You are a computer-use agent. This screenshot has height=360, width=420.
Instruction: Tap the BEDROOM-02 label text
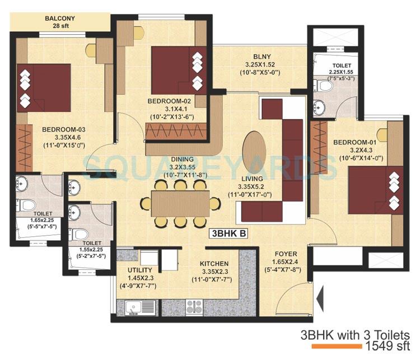[x=167, y=101]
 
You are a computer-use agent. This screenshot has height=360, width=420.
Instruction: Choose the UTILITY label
[x=133, y=270]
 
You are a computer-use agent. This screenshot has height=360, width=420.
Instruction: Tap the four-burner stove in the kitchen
[x=194, y=306]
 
